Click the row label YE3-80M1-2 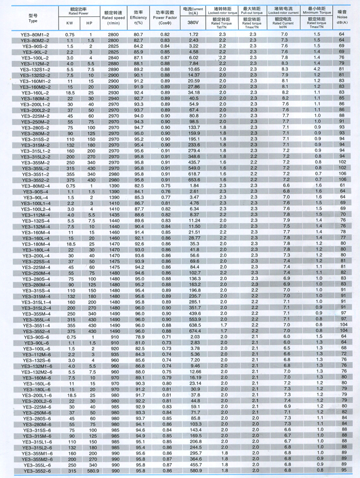(37, 34)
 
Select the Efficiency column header (138, 17)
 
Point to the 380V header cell (193, 23)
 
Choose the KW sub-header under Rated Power (70, 23)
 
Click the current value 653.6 (193, 181)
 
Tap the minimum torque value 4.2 (318, 68)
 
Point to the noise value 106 (341, 174)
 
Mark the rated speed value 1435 (113, 215)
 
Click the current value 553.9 (193, 319)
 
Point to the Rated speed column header (113, 17)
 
